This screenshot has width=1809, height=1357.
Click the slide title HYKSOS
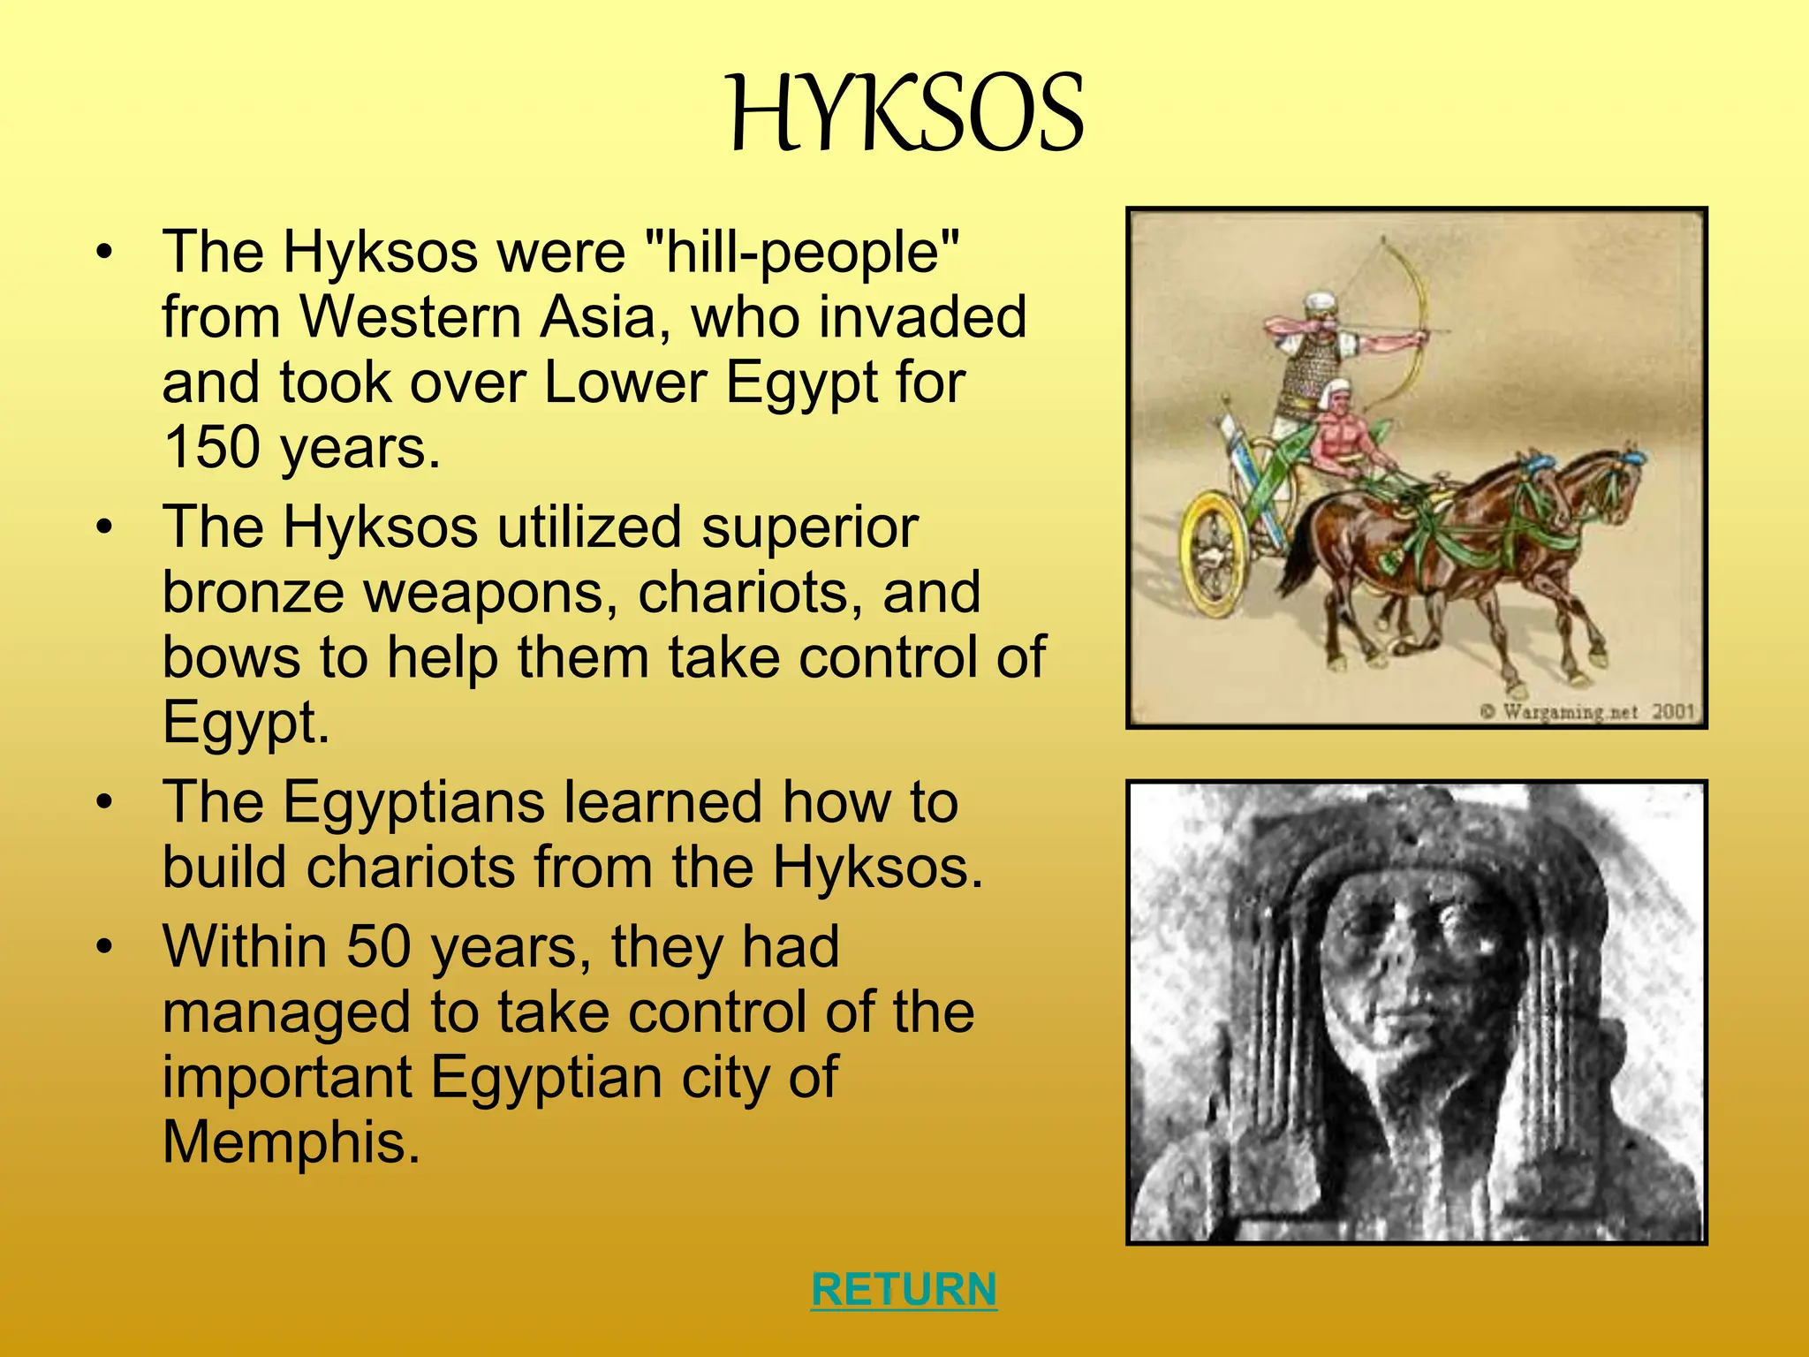click(x=906, y=115)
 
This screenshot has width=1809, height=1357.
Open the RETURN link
click(x=904, y=1289)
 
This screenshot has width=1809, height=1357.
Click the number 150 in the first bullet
click(x=213, y=448)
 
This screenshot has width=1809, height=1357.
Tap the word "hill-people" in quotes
click(x=802, y=253)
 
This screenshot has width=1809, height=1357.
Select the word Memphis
click(x=291, y=1142)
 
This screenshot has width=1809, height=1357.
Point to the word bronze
click(x=253, y=593)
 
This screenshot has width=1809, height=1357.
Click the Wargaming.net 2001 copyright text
click(x=1586, y=711)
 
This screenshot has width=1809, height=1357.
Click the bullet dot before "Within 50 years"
click(x=105, y=947)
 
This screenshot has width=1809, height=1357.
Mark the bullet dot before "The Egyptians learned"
click(x=105, y=802)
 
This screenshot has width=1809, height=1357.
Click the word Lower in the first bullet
click(x=624, y=383)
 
